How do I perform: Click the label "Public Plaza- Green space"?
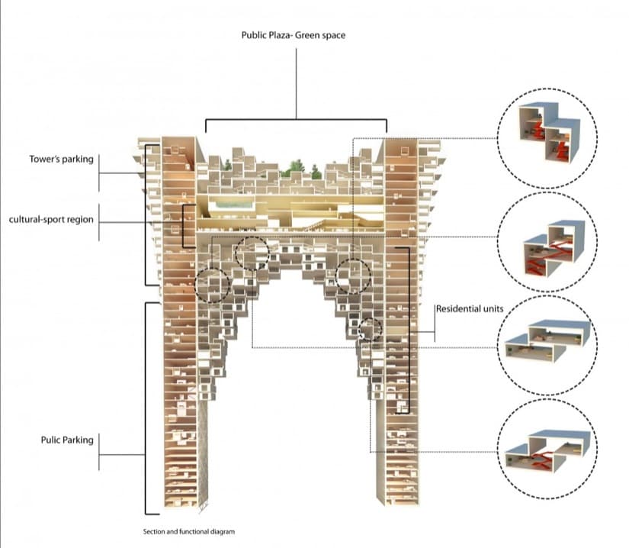[293, 34]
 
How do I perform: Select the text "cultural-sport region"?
[51, 220]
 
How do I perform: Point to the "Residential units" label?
[466, 309]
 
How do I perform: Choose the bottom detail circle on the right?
[547, 450]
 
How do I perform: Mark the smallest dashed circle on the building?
[371, 329]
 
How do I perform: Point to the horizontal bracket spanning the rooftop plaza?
[296, 120]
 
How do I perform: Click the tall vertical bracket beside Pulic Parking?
[146, 408]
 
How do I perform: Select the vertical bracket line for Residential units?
[409, 328]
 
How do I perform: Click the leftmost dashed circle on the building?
[212, 284]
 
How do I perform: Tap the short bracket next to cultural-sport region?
[184, 226]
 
